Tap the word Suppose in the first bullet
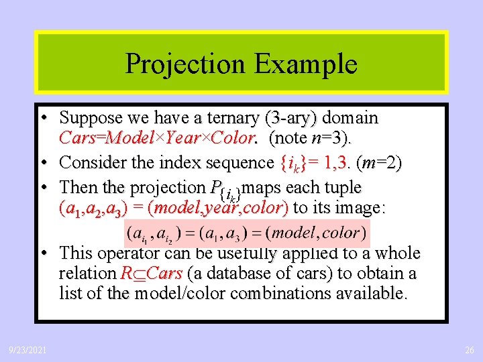pos(91,119)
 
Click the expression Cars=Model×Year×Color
pos(158,139)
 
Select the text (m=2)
pos(380,163)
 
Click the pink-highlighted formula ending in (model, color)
pos(246,233)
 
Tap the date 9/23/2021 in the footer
pos(28,350)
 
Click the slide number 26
pos(468,350)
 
